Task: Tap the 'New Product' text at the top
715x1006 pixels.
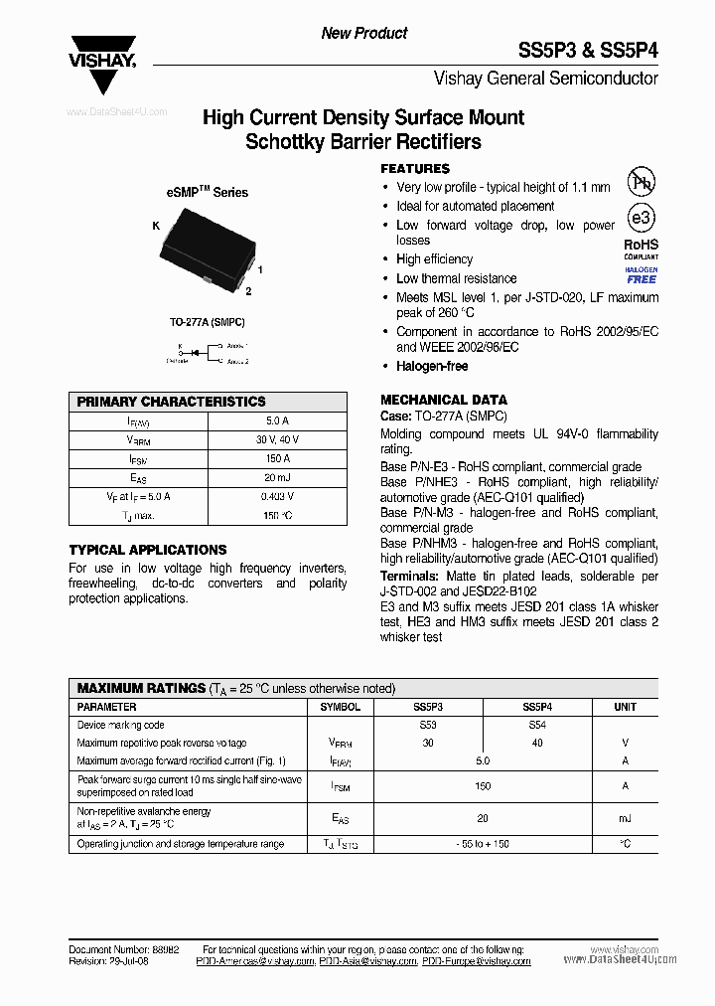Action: (363, 33)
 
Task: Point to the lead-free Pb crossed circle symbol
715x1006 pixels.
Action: (641, 181)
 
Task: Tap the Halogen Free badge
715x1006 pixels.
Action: (641, 275)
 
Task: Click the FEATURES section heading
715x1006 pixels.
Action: (415, 169)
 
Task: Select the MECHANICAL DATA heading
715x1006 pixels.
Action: (444, 400)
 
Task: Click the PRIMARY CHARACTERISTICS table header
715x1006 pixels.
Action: (172, 402)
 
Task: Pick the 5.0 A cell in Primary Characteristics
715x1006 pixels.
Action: (277, 420)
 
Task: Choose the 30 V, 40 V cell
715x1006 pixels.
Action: (277, 439)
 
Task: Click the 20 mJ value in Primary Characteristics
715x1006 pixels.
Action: (277, 477)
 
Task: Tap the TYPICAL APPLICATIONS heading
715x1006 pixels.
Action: (148, 550)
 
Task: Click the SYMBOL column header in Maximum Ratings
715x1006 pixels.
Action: (341, 707)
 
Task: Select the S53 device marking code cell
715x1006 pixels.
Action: (427, 725)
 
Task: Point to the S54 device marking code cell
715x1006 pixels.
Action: (536, 725)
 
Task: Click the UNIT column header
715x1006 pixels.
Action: (625, 707)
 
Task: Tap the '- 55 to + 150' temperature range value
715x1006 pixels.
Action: (482, 843)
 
